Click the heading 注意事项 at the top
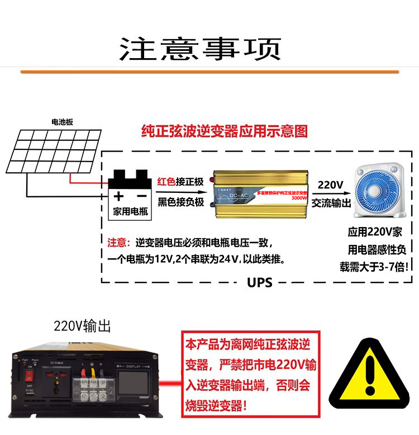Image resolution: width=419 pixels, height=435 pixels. coord(199,49)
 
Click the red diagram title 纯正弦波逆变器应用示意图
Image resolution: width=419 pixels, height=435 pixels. coord(225,132)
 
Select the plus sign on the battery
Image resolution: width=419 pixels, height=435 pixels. coord(118,196)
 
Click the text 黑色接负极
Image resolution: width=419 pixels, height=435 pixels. coord(180,202)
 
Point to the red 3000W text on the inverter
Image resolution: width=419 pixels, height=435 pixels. coord(299,197)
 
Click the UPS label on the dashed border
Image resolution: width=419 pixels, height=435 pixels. coord(260,282)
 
